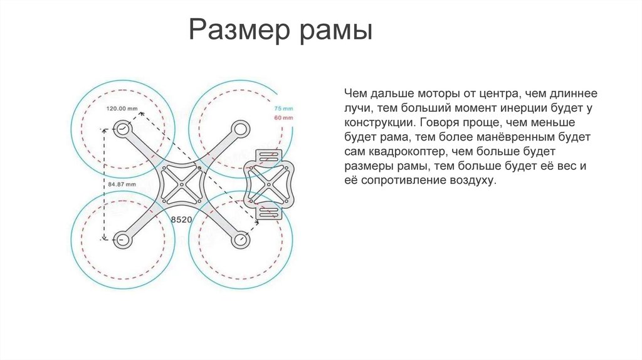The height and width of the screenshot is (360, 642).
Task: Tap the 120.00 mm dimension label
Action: point(122,109)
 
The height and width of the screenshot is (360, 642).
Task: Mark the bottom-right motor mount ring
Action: point(239,238)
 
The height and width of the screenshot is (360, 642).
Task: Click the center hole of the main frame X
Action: point(181,184)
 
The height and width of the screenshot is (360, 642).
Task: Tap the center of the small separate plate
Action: point(269,184)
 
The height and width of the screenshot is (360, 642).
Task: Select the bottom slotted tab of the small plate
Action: point(269,212)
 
